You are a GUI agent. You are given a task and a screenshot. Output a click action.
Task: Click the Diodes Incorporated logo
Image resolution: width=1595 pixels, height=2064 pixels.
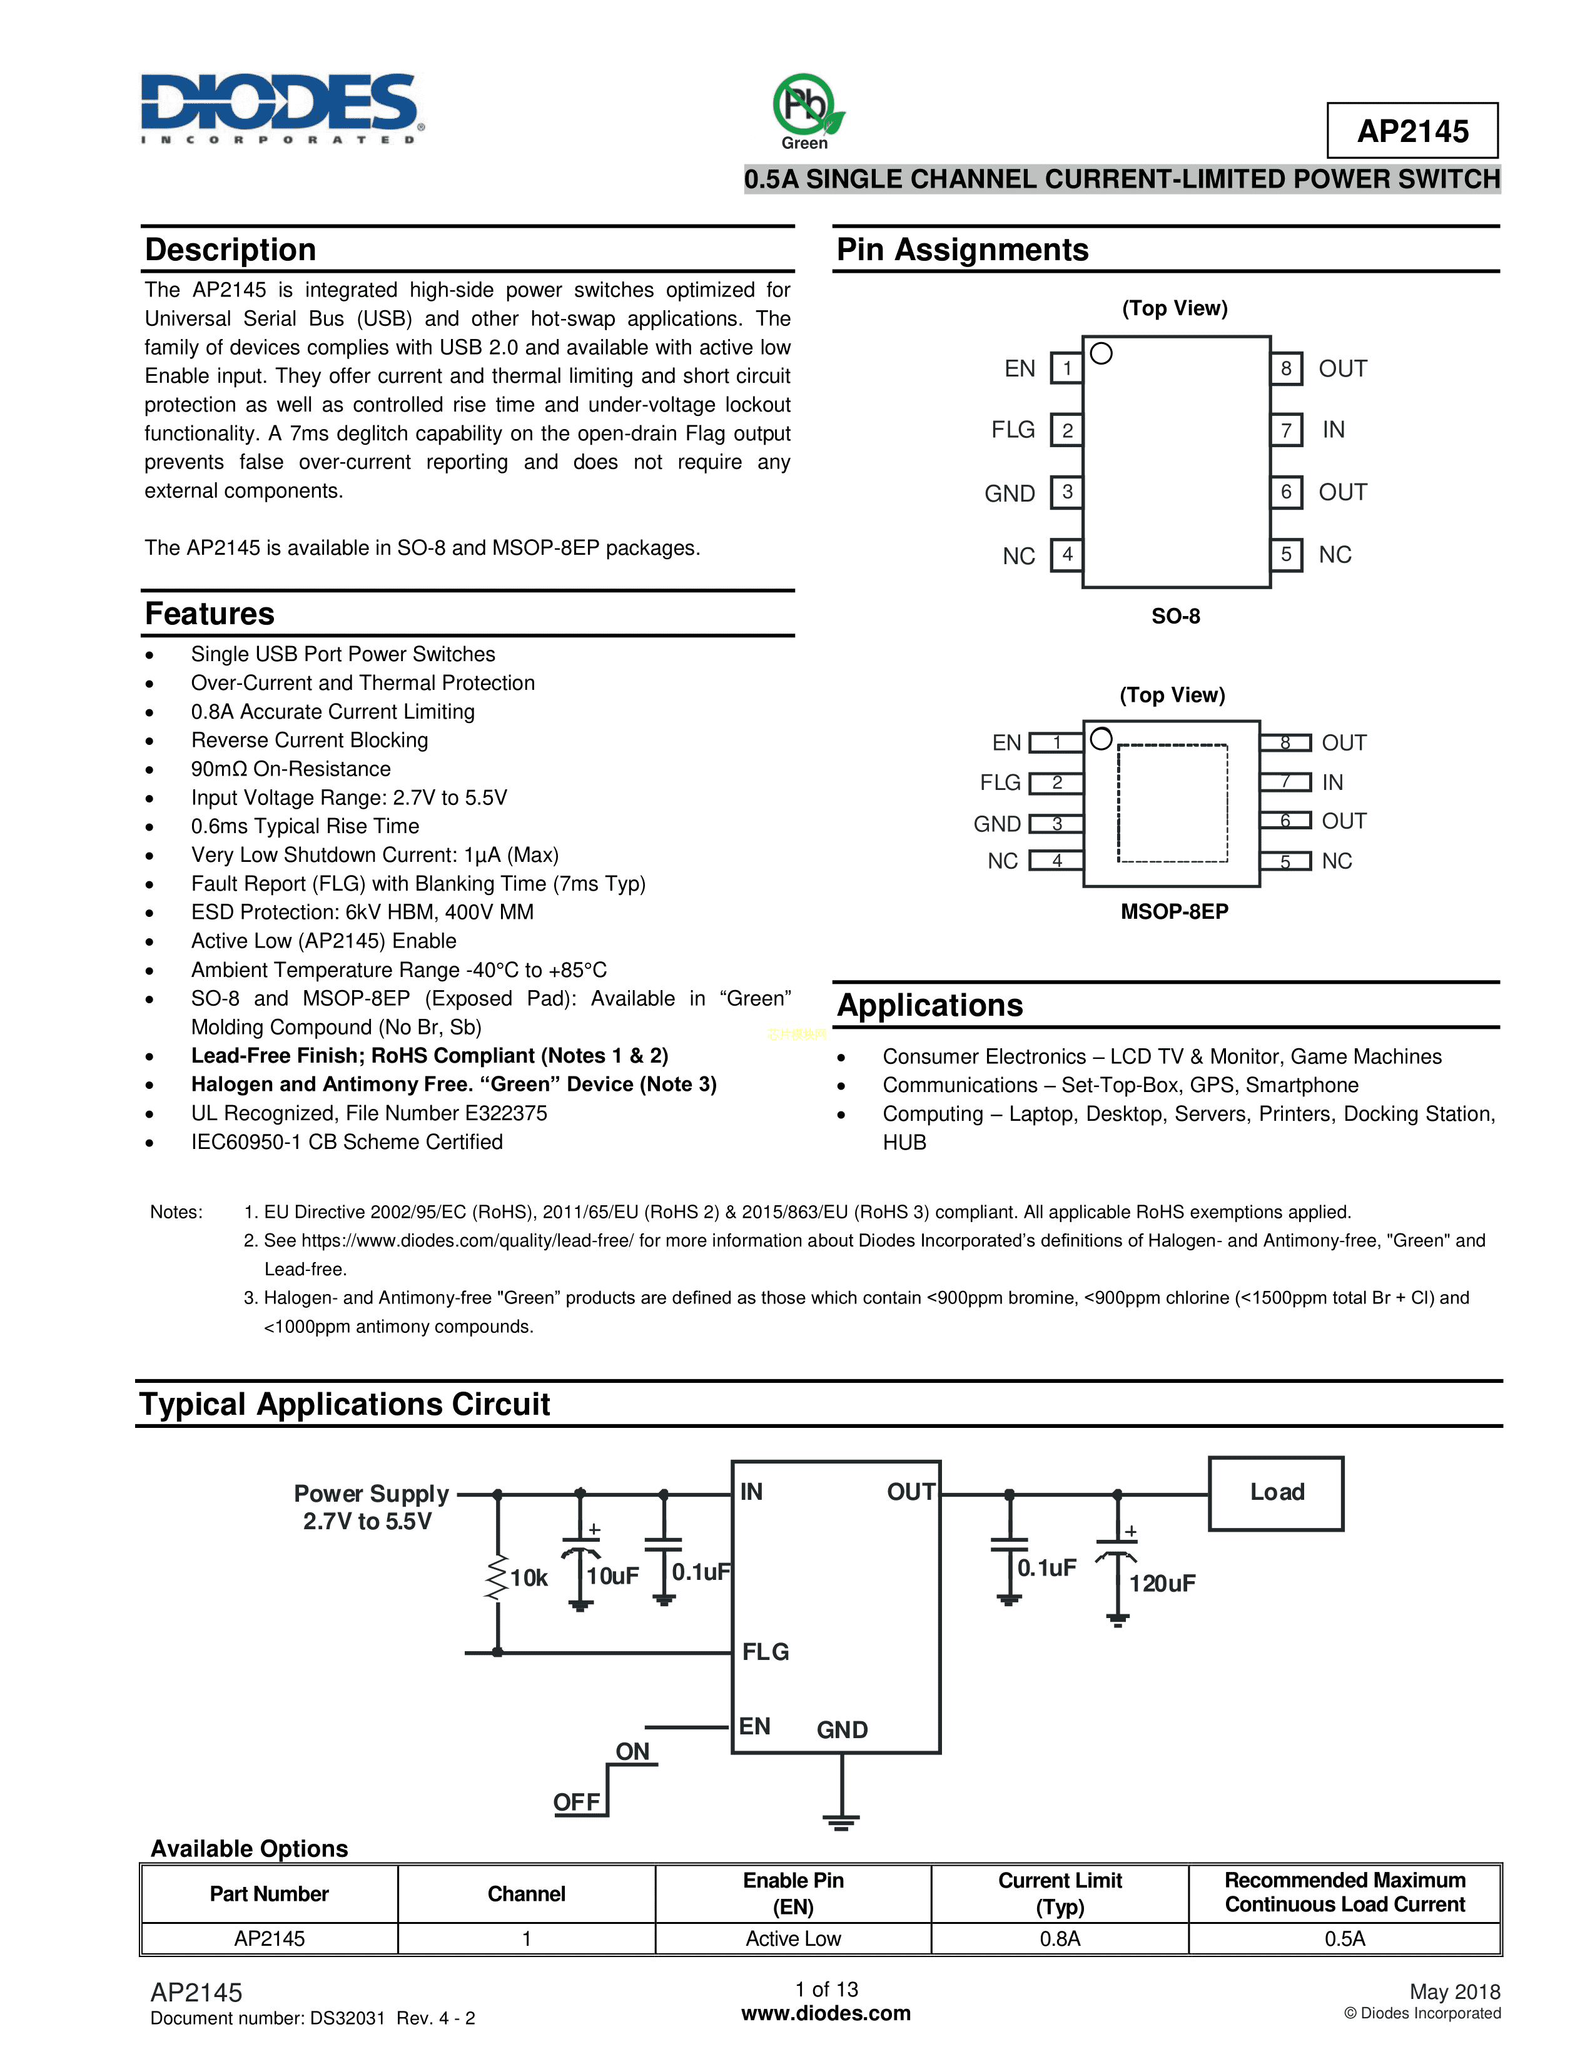pyautogui.click(x=281, y=107)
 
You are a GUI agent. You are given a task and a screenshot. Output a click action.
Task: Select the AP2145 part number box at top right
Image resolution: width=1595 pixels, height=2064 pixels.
pyautogui.click(x=1412, y=131)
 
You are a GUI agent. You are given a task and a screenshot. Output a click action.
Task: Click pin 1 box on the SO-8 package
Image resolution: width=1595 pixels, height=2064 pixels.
pyautogui.click(x=1067, y=368)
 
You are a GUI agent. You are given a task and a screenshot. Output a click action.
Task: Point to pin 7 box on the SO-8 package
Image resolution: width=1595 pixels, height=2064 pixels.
pyautogui.click(x=1286, y=430)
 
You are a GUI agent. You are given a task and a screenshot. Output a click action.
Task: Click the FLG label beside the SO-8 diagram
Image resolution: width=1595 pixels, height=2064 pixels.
pyautogui.click(x=1013, y=430)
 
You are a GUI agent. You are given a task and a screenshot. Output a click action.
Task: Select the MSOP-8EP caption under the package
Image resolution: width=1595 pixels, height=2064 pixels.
pyautogui.click(x=1173, y=911)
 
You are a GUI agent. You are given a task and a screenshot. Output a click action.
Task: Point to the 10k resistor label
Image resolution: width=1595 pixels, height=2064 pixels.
pyautogui.click(x=528, y=1577)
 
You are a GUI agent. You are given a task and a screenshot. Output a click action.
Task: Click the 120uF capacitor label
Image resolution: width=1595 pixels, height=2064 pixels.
pyautogui.click(x=1162, y=1583)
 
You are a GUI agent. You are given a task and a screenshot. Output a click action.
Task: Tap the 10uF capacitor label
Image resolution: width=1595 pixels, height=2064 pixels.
pyautogui.click(x=612, y=1576)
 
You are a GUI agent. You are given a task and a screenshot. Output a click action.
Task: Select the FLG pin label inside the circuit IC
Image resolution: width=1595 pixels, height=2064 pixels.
pyautogui.click(x=766, y=1651)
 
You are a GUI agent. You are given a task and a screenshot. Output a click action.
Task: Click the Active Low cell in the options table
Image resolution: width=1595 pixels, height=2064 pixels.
pyautogui.click(x=792, y=1938)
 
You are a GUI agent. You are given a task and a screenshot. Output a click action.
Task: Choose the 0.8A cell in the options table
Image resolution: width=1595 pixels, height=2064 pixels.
pyautogui.click(x=1059, y=1938)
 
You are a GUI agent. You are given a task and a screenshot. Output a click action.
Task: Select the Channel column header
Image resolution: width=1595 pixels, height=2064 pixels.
pyautogui.click(x=526, y=1894)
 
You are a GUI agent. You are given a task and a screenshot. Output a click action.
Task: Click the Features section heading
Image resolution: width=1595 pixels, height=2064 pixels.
pyautogui.click(x=210, y=614)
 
